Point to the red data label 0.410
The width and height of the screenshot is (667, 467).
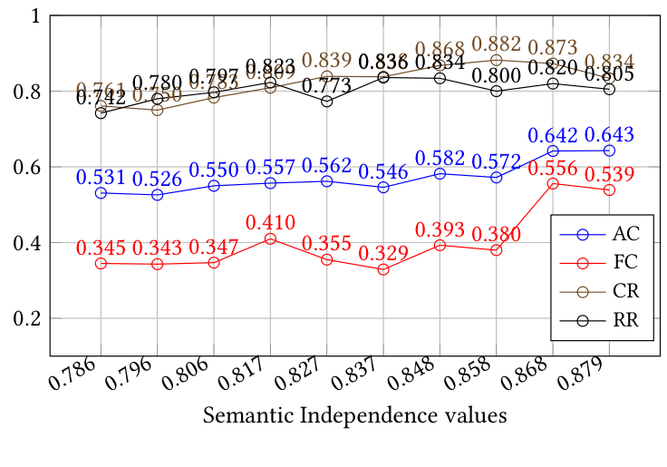tap(270, 220)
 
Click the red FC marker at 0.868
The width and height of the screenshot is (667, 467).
tap(553, 183)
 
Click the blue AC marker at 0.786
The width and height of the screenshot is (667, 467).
tap(101, 193)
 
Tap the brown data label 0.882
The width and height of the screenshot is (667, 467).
tap(496, 44)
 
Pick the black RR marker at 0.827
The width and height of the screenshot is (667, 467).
tap(326, 102)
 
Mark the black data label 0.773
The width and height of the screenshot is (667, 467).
tap(326, 85)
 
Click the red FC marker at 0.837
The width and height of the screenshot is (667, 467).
tap(383, 269)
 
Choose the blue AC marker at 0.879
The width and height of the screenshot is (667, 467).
tap(609, 151)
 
